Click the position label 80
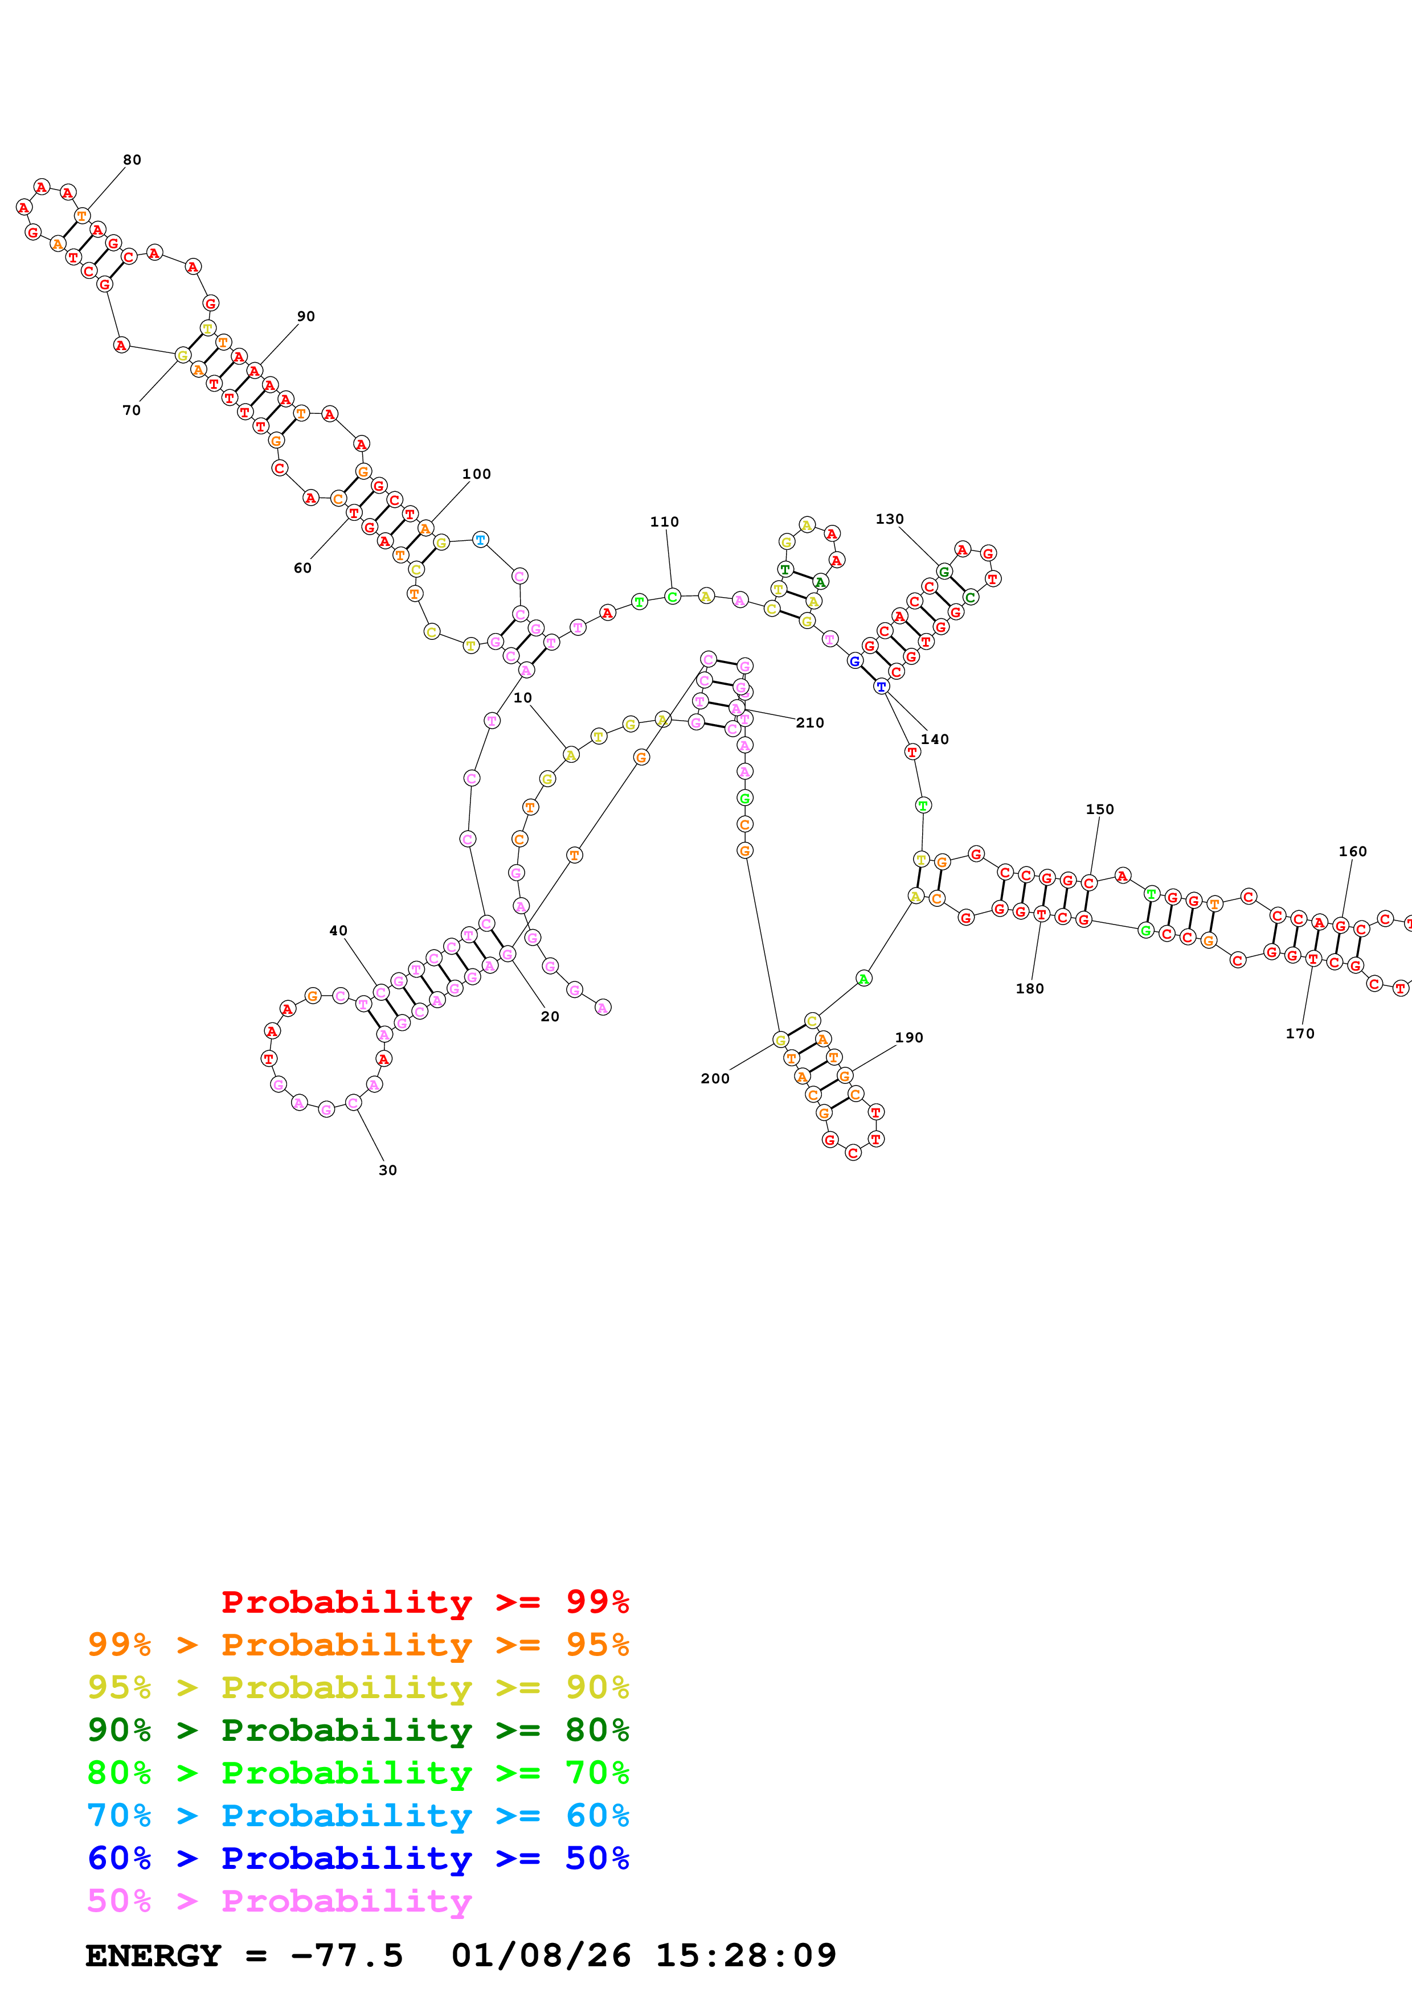click(x=132, y=160)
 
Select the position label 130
click(x=889, y=519)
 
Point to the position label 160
click(x=1352, y=852)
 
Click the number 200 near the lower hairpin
click(x=715, y=1079)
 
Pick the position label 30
click(x=388, y=1171)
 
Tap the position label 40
click(x=338, y=931)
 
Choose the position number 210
click(x=810, y=723)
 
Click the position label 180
click(x=1029, y=989)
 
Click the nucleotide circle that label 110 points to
click(x=673, y=597)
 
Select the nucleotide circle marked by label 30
click(x=353, y=1103)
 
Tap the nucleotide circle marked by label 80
click(x=83, y=216)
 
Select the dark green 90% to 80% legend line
click(x=358, y=1730)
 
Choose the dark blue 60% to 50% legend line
click(x=358, y=1858)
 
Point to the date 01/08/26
click(x=541, y=1956)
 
